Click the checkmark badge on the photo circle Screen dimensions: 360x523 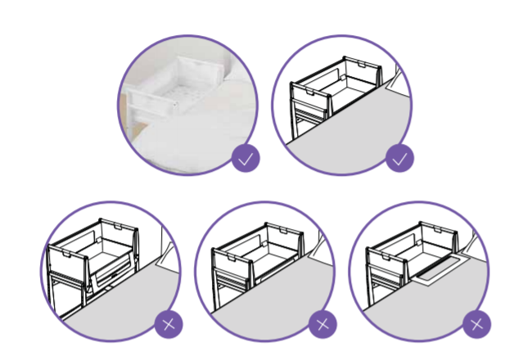pyautogui.click(x=246, y=158)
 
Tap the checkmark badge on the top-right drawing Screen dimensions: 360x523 pyautogui.click(x=399, y=158)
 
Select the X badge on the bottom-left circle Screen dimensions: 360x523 pyautogui.click(x=169, y=324)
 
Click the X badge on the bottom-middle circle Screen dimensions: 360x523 pyautogui.click(x=322, y=324)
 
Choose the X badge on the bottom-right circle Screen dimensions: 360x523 pyautogui.click(x=476, y=324)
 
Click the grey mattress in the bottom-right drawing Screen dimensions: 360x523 pyautogui.click(x=426, y=307)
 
